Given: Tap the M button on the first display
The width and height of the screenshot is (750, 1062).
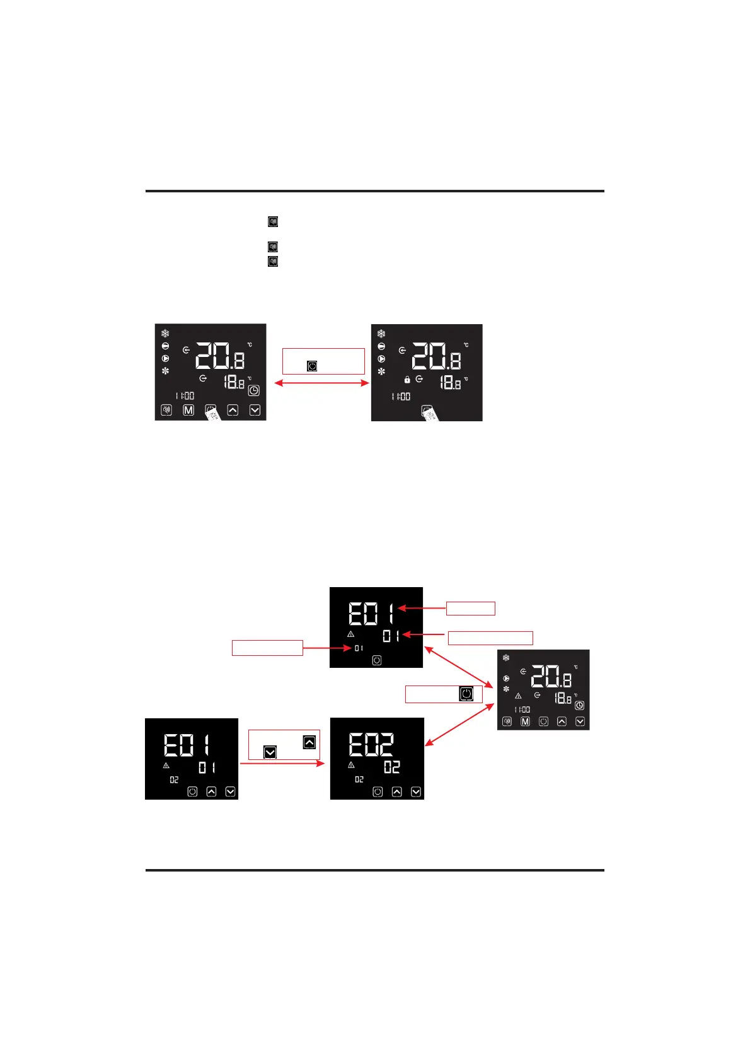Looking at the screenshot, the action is (x=188, y=410).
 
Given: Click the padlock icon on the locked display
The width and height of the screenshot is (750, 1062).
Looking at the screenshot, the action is (x=407, y=380).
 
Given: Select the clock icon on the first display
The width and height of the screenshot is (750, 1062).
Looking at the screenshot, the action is (x=253, y=391).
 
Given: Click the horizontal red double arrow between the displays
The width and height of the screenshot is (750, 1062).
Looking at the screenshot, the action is (x=321, y=383).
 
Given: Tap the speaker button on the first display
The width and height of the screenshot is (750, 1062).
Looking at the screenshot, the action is (x=166, y=410).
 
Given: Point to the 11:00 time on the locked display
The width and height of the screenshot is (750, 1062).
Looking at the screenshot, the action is (x=401, y=397).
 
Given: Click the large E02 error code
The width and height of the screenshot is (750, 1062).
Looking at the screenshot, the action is (x=372, y=745).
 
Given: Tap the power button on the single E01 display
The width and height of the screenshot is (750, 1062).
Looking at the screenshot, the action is (x=377, y=660).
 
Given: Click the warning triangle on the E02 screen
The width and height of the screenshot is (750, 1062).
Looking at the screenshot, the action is (x=351, y=765).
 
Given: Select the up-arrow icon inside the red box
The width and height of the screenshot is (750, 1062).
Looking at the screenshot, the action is (x=309, y=742).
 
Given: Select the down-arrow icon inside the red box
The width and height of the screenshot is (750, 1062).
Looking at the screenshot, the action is (x=270, y=752).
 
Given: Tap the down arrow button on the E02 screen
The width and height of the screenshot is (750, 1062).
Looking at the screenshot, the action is (x=416, y=792).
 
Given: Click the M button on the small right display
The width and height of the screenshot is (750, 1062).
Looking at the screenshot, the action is (x=525, y=721).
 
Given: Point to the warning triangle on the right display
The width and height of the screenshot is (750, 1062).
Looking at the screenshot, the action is (x=518, y=696).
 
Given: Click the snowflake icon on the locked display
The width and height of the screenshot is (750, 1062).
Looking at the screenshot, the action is (x=381, y=334).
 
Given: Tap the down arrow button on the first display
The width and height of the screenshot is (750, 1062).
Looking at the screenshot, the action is (x=255, y=410).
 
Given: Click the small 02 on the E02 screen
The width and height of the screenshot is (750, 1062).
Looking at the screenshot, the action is (x=359, y=779).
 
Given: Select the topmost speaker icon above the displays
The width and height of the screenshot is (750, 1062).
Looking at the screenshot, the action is (x=273, y=221).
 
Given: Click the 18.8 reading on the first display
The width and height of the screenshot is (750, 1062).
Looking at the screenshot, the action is (x=234, y=382).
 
